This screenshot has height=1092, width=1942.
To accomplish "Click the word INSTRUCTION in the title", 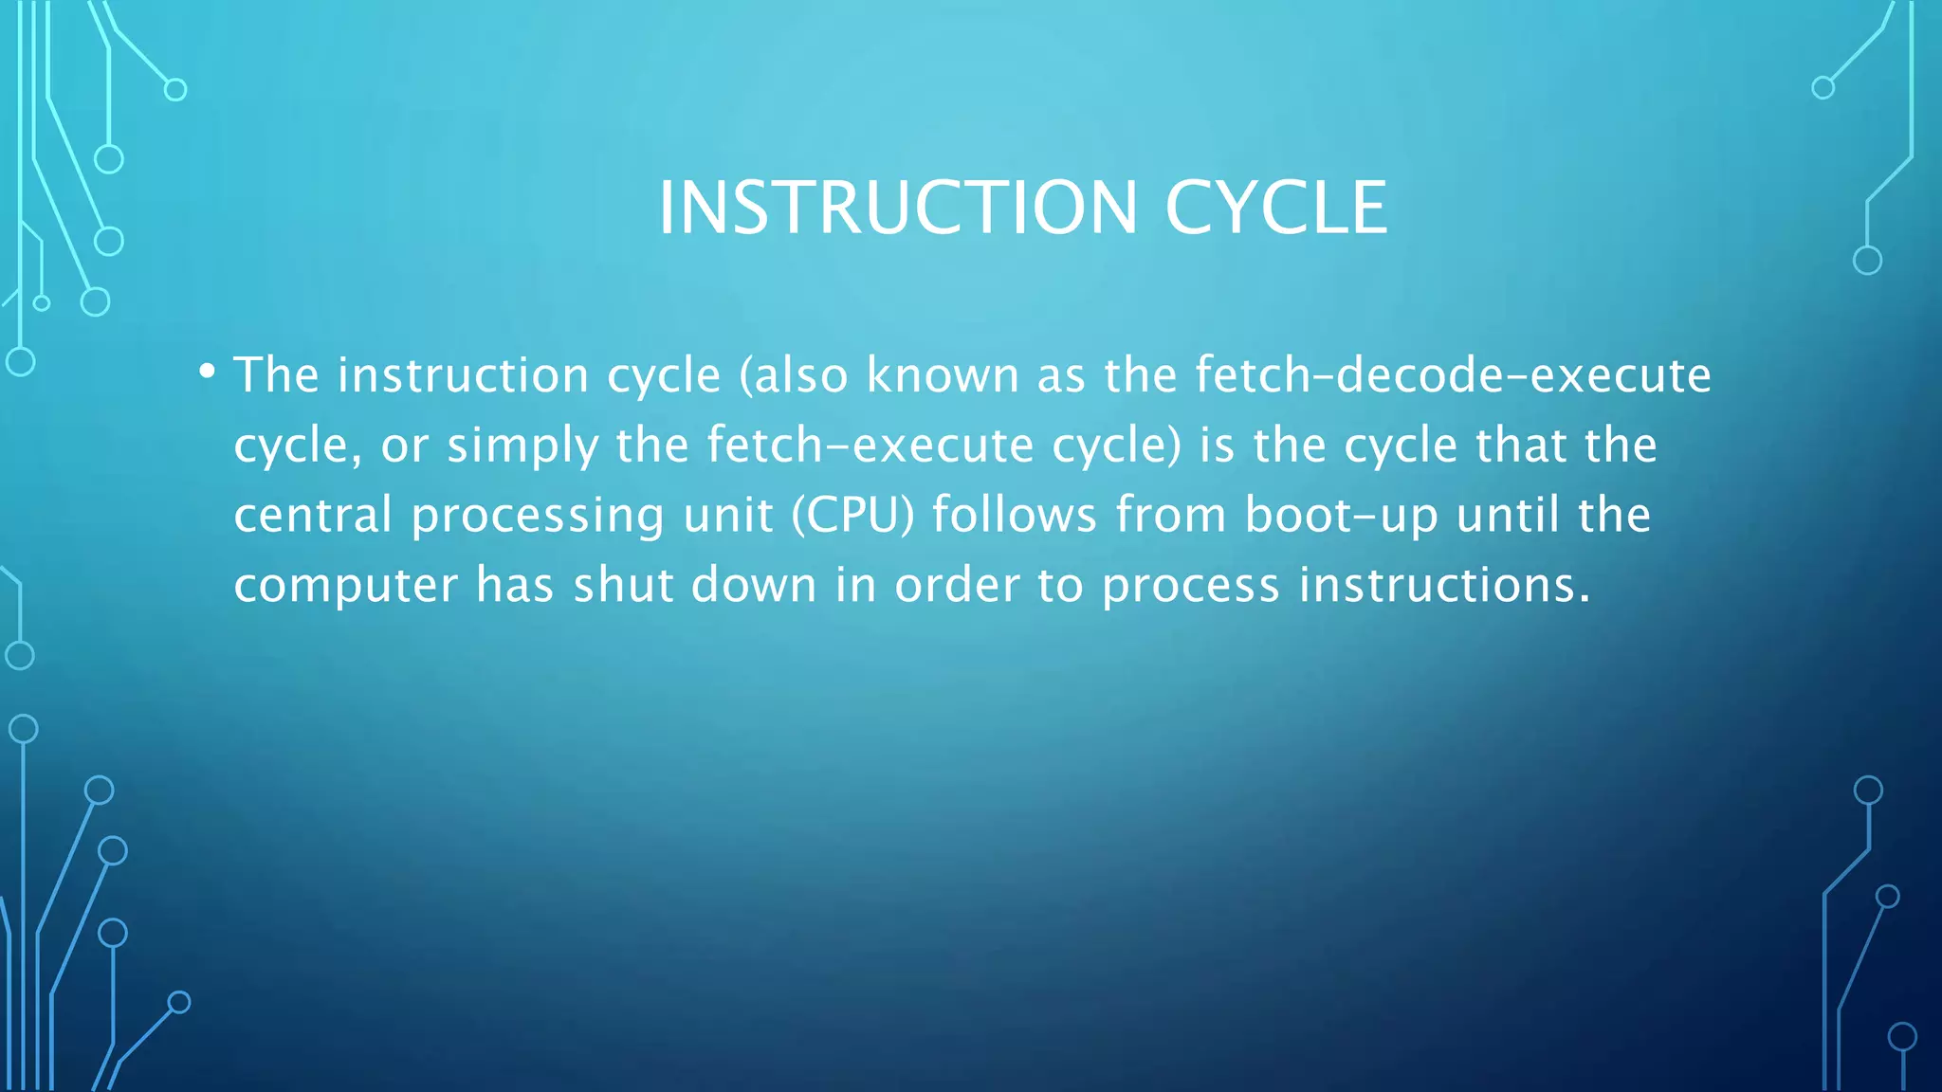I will [x=897, y=208].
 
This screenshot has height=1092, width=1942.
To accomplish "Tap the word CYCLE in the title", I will [x=1275, y=208].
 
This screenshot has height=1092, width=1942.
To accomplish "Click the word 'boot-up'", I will [x=1341, y=515].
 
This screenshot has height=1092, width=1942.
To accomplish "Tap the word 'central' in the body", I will [x=313, y=515].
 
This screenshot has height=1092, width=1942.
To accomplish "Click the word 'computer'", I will [x=345, y=585].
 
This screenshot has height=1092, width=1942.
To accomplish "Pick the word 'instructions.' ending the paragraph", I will [x=1444, y=584].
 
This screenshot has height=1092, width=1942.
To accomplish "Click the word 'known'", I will [x=942, y=374].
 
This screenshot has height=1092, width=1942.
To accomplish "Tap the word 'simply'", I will [x=522, y=446].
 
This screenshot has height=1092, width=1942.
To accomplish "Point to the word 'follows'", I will [x=1014, y=515].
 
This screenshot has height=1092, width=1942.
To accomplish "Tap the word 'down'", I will [x=754, y=584].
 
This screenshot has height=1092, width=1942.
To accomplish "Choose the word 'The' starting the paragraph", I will [x=276, y=374].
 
